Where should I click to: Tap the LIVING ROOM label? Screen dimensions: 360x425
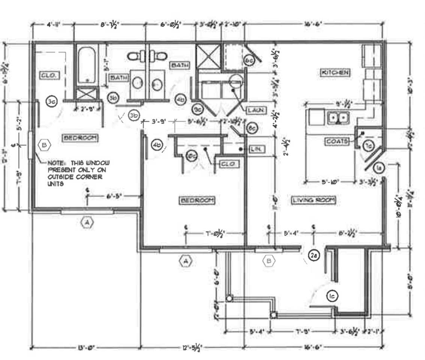point(313,200)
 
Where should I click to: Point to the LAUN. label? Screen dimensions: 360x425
point(256,110)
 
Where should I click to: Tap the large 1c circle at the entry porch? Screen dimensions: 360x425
point(332,296)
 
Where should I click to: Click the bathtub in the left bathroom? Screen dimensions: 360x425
point(87,66)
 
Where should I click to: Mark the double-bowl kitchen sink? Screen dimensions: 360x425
point(338,118)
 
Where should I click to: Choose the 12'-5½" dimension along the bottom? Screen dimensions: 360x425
point(192,348)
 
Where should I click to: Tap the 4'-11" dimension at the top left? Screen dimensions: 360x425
point(54,25)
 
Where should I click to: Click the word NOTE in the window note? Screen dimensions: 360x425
point(56,163)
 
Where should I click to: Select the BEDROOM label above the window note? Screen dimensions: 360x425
point(80,138)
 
